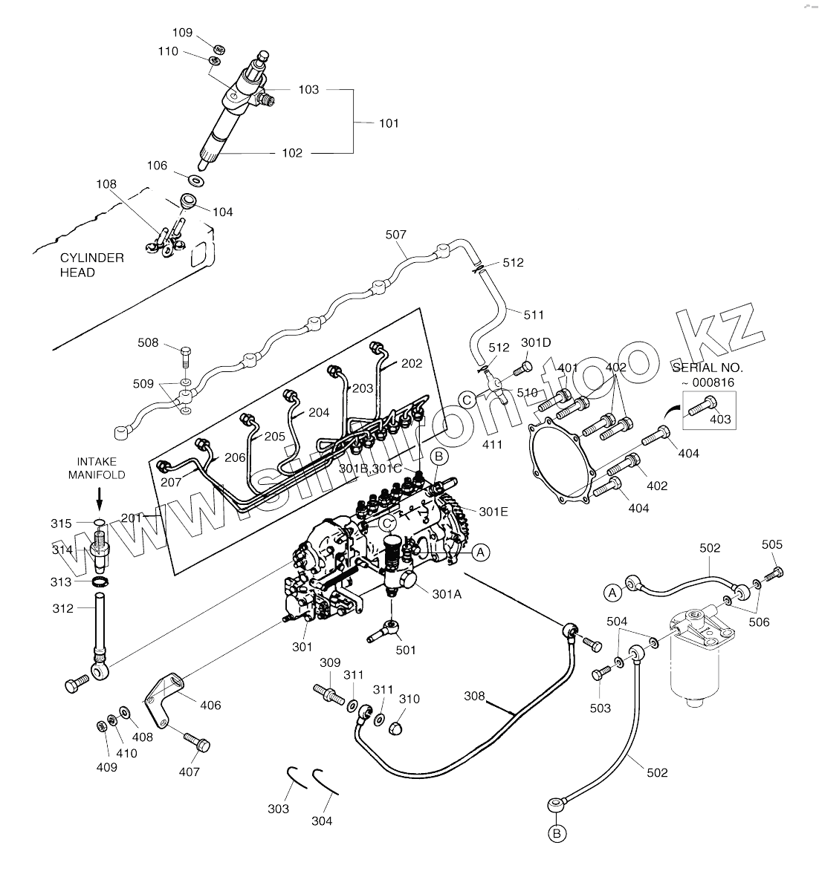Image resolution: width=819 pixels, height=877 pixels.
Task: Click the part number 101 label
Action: point(389,123)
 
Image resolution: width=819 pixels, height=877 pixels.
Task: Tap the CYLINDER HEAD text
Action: point(92,265)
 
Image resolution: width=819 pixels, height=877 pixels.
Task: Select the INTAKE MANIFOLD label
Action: point(97,468)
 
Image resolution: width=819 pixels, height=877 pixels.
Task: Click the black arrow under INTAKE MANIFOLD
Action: point(100,498)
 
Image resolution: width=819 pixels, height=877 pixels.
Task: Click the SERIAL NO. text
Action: point(708,368)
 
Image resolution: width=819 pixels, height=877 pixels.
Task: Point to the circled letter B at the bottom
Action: point(557,834)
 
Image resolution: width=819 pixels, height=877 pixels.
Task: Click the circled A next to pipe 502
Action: point(612,593)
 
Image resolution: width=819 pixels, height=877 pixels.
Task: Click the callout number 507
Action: point(396,235)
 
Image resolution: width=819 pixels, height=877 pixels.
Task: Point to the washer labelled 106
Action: point(196,180)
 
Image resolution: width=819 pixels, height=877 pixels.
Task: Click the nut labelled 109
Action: point(219,49)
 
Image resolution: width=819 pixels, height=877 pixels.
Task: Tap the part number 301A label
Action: point(447,594)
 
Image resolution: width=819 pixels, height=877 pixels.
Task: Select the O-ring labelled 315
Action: point(99,523)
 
